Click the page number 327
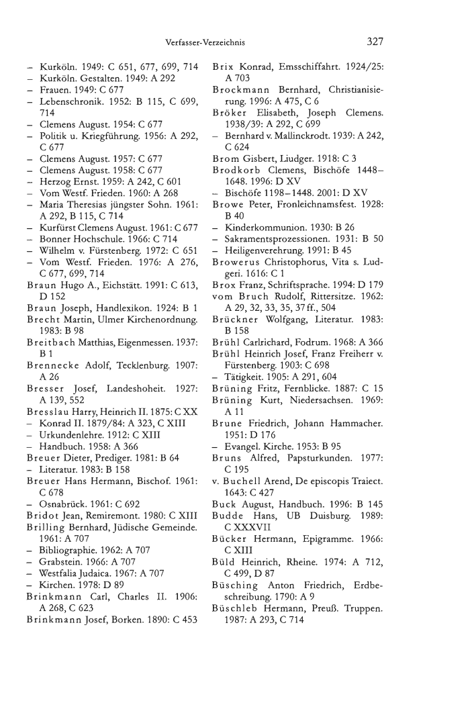coord(375,42)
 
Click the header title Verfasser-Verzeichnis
coord(204,42)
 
